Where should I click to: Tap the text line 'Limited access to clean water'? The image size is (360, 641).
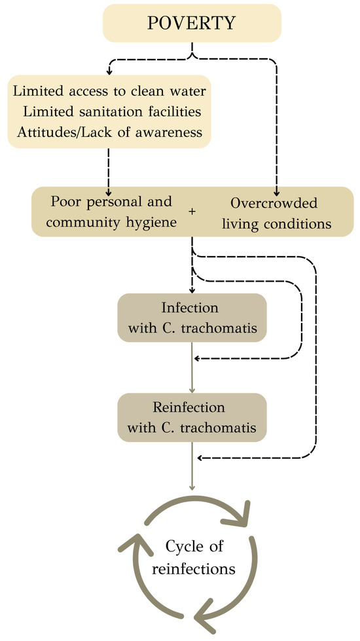pos(106,91)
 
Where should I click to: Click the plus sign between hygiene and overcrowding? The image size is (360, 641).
pos(191,213)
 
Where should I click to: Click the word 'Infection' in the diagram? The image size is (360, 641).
pos(191,308)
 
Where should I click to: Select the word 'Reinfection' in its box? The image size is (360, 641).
pos(191,407)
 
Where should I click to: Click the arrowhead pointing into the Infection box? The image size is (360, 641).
pos(192,290)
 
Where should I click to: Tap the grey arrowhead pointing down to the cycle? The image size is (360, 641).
pos(192,488)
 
